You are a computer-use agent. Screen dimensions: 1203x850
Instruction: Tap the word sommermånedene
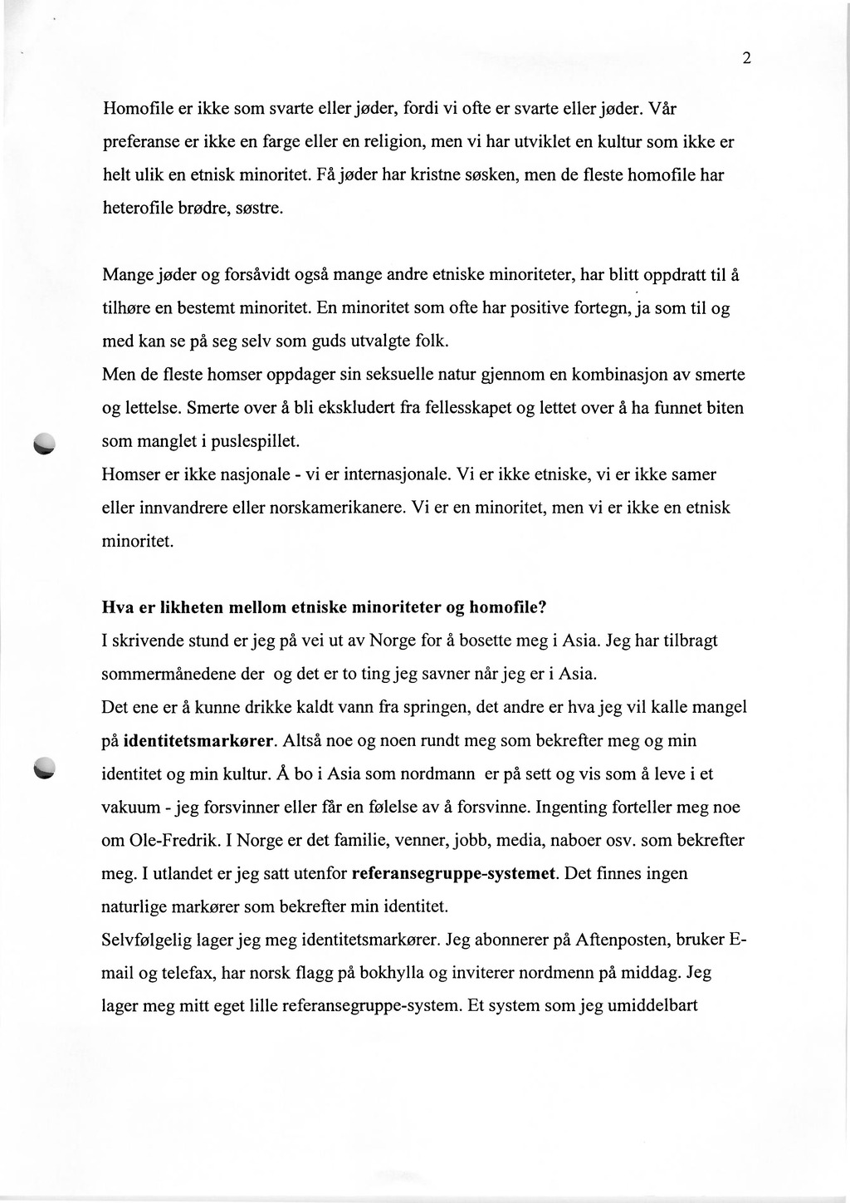pyautogui.click(x=164, y=674)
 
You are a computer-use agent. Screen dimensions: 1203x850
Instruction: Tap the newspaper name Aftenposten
pyautogui.click(x=623, y=940)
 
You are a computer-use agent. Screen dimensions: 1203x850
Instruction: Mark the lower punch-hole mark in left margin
pyautogui.click(x=44, y=769)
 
